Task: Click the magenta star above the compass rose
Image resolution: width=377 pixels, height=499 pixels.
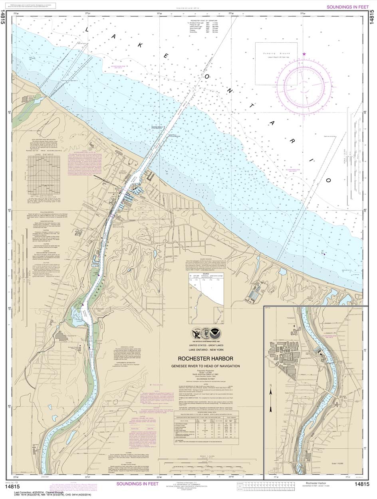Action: coord(304,53)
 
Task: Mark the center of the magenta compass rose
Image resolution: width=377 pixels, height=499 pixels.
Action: coord(305,84)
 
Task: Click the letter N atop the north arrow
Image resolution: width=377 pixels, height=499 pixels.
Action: coord(270,385)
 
